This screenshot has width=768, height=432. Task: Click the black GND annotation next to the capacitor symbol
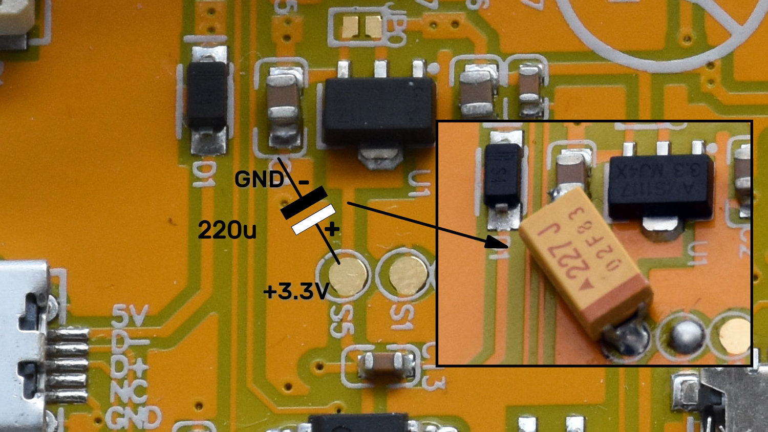click(259, 180)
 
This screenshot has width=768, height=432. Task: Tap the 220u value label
click(227, 231)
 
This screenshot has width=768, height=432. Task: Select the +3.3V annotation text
click(295, 292)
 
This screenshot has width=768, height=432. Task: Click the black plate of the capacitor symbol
click(304, 202)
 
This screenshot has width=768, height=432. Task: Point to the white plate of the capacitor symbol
click(314, 219)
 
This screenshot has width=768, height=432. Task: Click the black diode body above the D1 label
click(207, 95)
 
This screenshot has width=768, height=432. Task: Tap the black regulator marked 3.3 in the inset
click(660, 186)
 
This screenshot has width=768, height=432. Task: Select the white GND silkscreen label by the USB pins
click(134, 418)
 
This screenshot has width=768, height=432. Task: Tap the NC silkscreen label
click(129, 392)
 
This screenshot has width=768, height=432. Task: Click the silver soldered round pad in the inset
click(687, 336)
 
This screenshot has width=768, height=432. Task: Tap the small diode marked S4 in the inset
click(503, 175)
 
